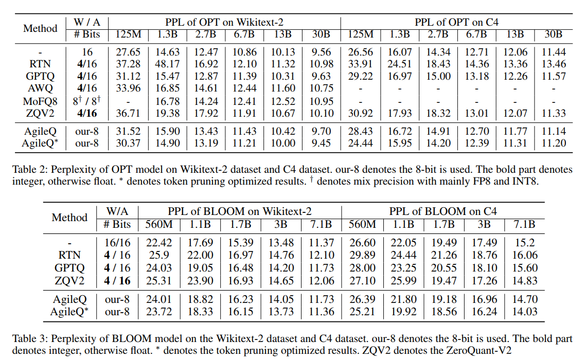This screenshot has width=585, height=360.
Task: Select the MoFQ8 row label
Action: coord(40,101)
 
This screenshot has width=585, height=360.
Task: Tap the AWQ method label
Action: coord(40,89)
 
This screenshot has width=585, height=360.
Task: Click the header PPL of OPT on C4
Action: coord(456,22)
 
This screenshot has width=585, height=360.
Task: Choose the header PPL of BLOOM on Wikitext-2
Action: coord(239,211)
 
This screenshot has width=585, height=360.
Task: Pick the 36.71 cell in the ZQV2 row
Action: coord(128,114)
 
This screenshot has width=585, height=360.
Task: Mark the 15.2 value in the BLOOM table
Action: coord(524,243)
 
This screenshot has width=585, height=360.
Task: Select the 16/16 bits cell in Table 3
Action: coord(117,243)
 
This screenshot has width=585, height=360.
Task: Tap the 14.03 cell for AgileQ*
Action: coord(524,312)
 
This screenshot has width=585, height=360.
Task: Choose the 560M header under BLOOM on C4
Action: coord(362,224)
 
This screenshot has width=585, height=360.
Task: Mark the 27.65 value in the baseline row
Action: coord(128,52)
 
